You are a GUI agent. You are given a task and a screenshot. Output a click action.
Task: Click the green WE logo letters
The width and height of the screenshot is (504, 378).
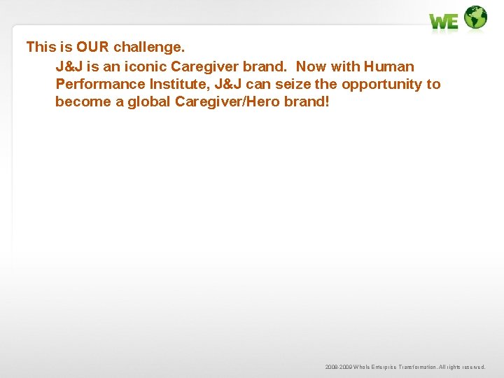pos(444,22)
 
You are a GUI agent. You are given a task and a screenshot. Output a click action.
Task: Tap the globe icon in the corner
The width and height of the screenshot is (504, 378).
pos(475,17)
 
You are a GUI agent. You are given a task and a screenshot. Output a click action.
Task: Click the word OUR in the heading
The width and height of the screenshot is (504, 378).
pos(92,47)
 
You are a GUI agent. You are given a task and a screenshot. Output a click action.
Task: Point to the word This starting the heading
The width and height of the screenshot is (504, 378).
pos(40,47)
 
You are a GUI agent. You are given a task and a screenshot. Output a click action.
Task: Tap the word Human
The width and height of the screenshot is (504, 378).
pos(388,66)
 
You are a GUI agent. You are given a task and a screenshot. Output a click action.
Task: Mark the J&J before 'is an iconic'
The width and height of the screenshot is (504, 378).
pos(69,66)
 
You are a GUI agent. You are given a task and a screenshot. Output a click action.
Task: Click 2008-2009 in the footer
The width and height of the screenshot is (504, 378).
pos(339,367)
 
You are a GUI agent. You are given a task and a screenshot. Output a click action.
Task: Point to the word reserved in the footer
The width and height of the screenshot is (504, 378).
pos(471,367)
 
